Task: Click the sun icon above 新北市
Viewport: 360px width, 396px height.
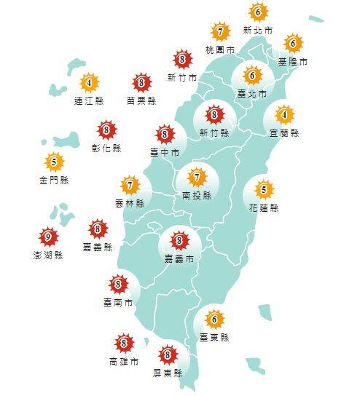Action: point(257,12)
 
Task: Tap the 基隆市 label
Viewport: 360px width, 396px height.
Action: point(293,62)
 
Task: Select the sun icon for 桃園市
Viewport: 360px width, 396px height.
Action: point(220,32)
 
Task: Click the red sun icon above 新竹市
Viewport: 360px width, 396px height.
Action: point(181,60)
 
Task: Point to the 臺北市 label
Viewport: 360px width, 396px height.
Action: point(252,93)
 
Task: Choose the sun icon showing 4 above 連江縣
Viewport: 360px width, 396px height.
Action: point(90,82)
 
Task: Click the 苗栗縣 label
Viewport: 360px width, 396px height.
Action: point(141,100)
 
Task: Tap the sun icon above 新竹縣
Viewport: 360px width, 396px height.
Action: point(214,114)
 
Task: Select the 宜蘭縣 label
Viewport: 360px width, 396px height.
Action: point(284,132)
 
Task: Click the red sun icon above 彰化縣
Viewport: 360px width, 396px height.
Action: point(107,130)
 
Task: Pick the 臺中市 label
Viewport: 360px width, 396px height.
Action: point(165,152)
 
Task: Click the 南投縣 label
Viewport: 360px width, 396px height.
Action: point(196,195)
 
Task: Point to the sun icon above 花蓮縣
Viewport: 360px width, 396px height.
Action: point(264,190)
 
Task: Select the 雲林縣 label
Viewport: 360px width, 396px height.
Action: point(130,203)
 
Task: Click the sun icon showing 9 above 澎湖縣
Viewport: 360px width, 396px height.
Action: point(47,237)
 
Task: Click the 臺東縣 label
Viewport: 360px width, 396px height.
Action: point(214,337)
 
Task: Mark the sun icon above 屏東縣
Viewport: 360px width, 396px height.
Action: point(168,355)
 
